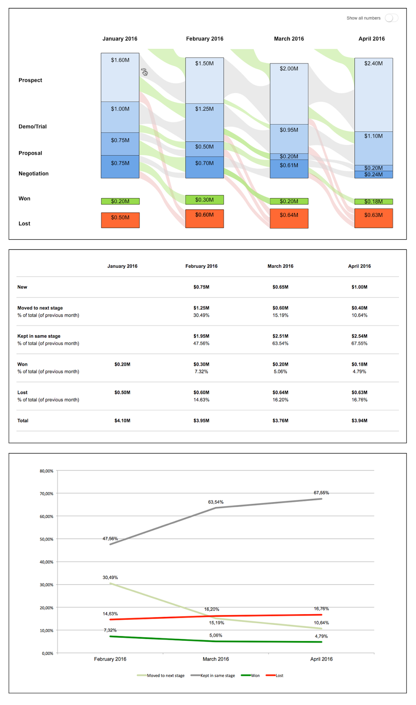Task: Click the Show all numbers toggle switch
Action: point(391,18)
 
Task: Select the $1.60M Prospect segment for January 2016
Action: point(120,77)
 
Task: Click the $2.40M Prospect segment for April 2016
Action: point(373,94)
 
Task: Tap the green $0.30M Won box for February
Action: point(204,200)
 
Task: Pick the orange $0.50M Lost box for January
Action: point(120,220)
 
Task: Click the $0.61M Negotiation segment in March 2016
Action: point(289,169)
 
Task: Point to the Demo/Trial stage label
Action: point(33,126)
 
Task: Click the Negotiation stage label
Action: point(33,174)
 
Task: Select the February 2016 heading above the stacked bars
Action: point(204,39)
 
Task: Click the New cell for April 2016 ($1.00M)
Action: point(359,287)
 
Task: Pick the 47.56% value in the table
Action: point(201,344)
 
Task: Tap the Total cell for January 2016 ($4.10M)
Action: point(122,421)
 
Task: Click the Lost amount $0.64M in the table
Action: point(280,393)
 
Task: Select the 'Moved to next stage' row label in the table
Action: point(40,308)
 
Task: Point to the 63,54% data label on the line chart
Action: point(215,502)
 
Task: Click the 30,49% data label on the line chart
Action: point(110,578)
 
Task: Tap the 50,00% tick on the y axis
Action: point(46,539)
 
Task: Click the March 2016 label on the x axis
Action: point(215,659)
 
